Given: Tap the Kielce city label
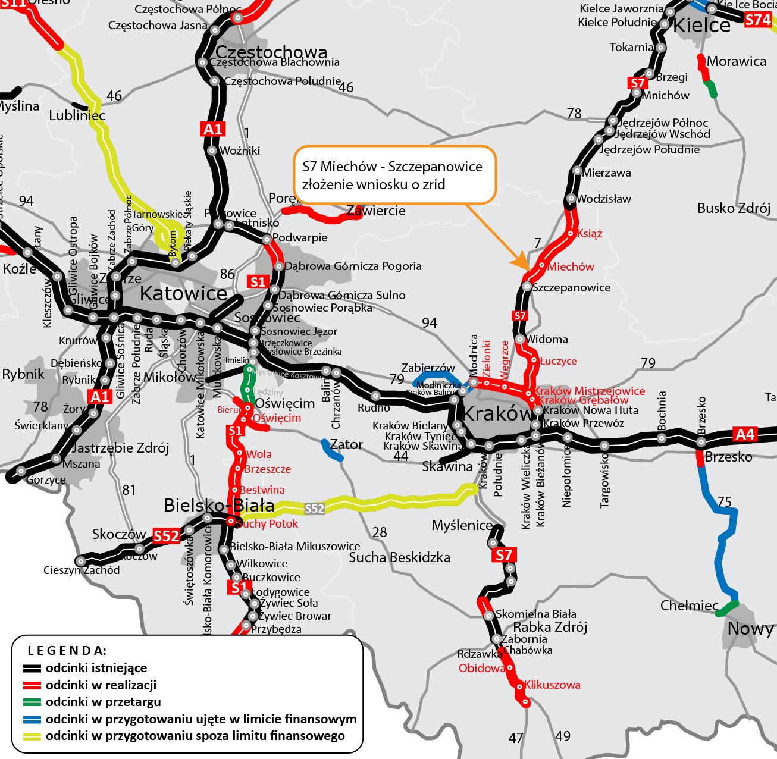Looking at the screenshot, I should point(701,25).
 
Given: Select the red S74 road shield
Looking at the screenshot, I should point(758,20).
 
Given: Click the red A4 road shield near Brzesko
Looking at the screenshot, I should point(745,434).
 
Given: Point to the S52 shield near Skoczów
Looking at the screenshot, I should point(166,536).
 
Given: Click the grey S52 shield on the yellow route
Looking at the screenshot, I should point(314,509).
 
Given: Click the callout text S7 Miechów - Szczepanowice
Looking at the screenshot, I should point(392,167).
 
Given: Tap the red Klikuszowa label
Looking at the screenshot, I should point(552,685).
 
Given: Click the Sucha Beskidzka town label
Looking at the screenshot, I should point(399,557).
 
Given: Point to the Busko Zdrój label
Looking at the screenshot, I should point(734,208).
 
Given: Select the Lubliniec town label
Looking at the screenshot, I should point(77,115).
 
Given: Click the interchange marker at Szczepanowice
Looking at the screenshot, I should point(527,287).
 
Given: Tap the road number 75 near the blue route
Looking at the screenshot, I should point(724,501).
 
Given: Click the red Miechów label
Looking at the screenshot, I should point(571,266).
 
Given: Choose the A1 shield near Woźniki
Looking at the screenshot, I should point(212,129).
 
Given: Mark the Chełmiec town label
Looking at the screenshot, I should point(690,606).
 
